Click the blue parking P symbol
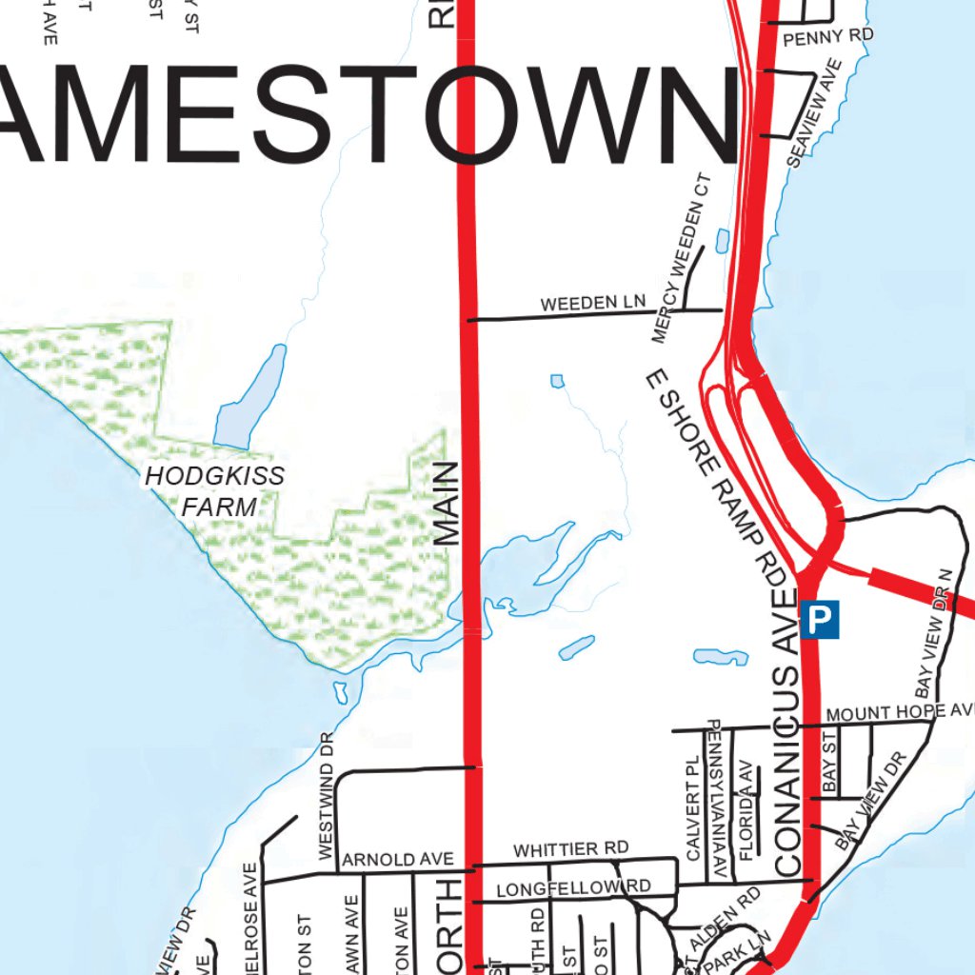[820, 620]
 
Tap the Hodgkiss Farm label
[215, 491]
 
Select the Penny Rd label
[827, 37]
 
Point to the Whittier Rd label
[570, 848]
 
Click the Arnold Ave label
[397, 859]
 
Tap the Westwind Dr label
[326, 794]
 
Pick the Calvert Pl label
[693, 809]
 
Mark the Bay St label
[828, 762]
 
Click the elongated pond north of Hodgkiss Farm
[251, 398]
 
